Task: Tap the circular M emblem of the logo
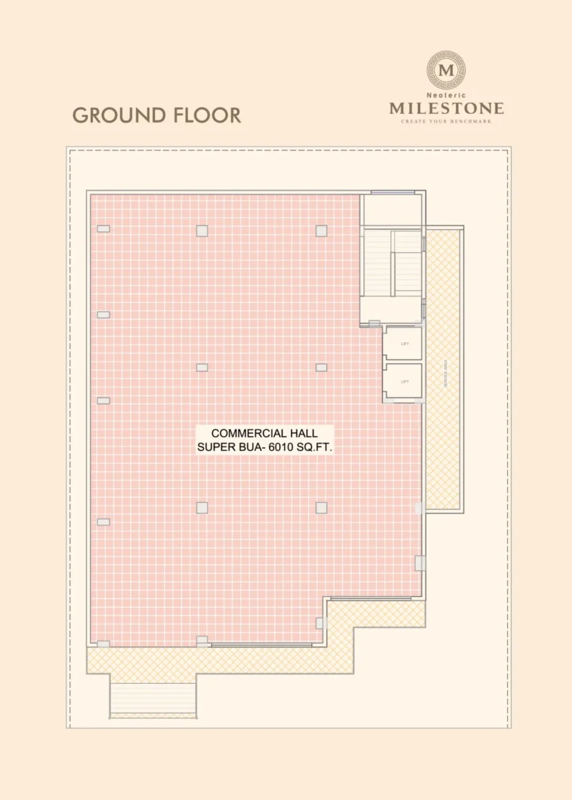tap(447, 71)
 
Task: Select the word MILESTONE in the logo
tap(446, 109)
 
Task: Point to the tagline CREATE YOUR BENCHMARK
tap(446, 121)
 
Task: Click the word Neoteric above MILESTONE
tap(446, 96)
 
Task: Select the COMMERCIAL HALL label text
tap(264, 433)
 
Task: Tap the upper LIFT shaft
tap(404, 343)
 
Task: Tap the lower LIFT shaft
tap(404, 381)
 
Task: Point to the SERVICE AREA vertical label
tap(445, 372)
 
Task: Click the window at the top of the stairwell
tap(393, 193)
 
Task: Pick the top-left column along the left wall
tap(104, 228)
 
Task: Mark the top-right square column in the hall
tap(321, 231)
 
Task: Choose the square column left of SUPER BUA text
tap(202, 508)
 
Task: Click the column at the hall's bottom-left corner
tap(104, 644)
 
